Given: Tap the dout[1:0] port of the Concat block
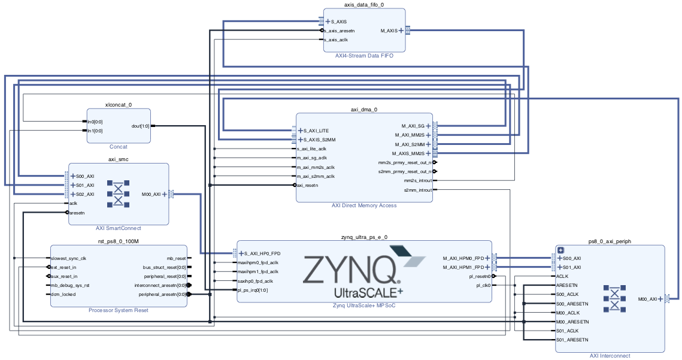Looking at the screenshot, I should [x=140, y=126].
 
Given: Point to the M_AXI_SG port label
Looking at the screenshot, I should [x=413, y=126].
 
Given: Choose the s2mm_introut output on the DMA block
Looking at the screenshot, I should [x=417, y=190].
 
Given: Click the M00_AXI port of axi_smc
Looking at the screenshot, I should [x=151, y=194].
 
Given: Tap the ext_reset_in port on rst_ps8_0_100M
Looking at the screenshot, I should [x=64, y=267].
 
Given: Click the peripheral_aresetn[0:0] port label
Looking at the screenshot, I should [x=162, y=294].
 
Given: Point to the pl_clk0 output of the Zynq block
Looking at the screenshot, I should [x=483, y=286].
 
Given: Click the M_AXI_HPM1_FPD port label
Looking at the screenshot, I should [x=463, y=267].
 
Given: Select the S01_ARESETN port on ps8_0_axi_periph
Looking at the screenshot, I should [x=572, y=340].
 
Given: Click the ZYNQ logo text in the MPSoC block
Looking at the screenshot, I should [x=351, y=270].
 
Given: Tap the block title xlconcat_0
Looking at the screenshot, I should [x=118, y=105].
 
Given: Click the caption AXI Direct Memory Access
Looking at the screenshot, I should [x=364, y=205].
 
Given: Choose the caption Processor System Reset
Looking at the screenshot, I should [x=118, y=310].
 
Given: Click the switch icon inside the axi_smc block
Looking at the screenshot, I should [x=119, y=194].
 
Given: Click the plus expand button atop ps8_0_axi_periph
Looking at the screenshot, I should [x=561, y=250].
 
